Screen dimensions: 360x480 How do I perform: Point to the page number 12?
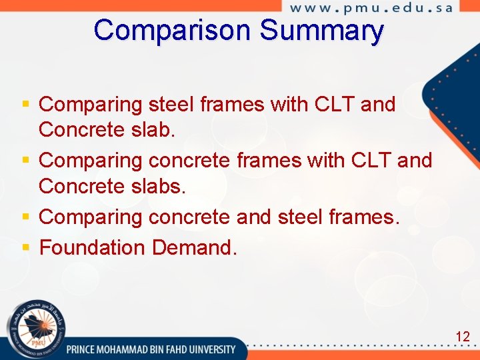click(x=463, y=337)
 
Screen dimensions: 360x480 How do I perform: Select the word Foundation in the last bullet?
click(x=93, y=248)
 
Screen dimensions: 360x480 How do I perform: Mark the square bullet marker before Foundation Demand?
click(x=26, y=248)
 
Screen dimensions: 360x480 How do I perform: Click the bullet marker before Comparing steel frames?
click(x=26, y=105)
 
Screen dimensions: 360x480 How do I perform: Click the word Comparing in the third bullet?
click(x=91, y=217)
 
